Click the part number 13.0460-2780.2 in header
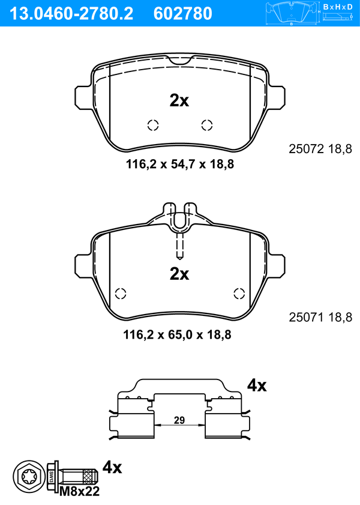(71, 14)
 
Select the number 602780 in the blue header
(183, 14)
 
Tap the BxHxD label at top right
(338, 7)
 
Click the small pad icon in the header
(292, 13)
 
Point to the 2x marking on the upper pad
(179, 100)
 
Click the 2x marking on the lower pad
(179, 274)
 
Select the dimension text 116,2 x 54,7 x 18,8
(180, 165)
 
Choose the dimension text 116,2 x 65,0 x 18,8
(177, 335)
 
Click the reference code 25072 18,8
(320, 149)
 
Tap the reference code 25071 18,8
(320, 318)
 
